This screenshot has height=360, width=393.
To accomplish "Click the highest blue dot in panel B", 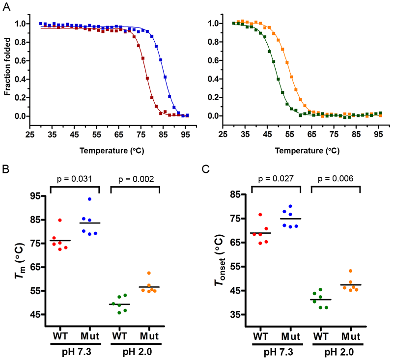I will [89, 199].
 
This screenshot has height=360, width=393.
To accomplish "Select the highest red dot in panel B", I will [59, 220].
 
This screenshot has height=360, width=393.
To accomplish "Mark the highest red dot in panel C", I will [261, 215].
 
